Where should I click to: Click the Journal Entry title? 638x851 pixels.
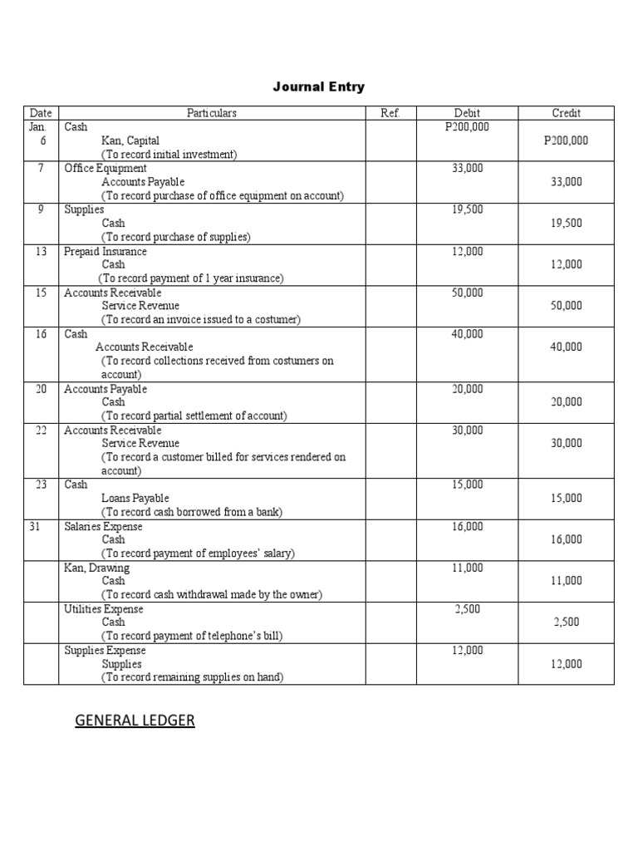click(319, 86)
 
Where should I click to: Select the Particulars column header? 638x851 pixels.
click(212, 113)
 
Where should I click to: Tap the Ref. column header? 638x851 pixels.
click(390, 113)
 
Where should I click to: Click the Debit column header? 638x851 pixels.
click(467, 113)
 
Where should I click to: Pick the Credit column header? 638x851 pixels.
click(566, 113)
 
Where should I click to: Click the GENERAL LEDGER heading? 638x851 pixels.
click(135, 721)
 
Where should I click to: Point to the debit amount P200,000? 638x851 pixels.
click(467, 126)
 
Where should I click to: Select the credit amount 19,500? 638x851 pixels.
click(566, 223)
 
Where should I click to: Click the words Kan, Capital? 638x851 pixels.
click(130, 140)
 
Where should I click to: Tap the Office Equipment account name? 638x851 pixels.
click(106, 168)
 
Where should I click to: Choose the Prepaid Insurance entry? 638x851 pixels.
click(106, 251)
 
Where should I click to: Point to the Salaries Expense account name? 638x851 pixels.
click(104, 526)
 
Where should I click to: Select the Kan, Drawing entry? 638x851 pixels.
click(97, 568)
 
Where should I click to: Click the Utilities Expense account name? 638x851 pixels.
click(104, 609)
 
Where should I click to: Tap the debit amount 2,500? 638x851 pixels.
click(467, 609)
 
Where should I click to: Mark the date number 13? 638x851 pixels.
click(41, 251)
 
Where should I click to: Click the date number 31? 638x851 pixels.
click(35, 526)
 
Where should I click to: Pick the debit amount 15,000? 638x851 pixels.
click(467, 485)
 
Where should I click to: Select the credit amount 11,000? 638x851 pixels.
click(566, 581)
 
